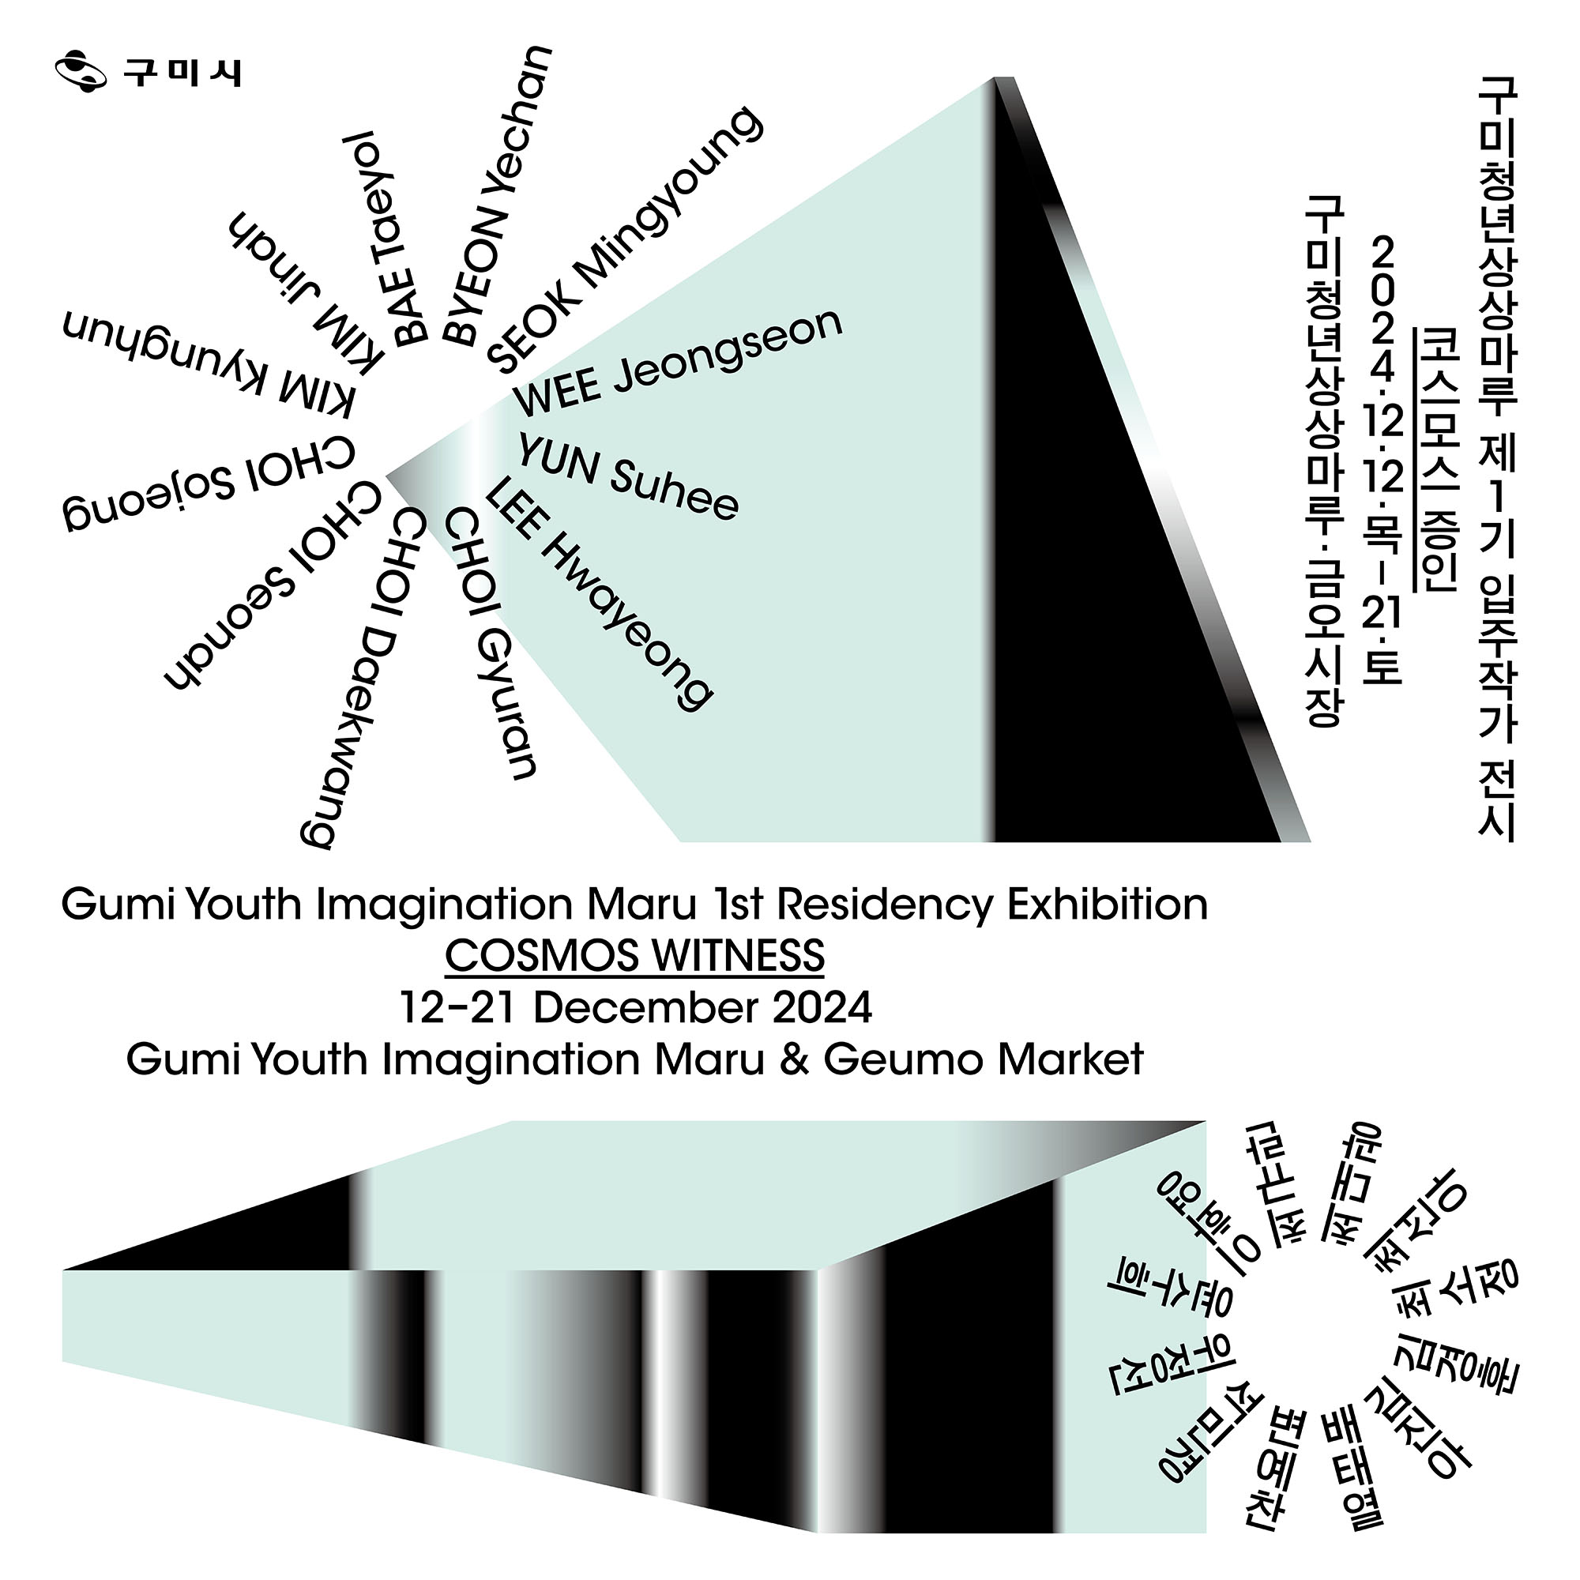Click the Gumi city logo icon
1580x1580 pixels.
point(80,72)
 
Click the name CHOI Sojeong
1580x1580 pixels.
point(209,486)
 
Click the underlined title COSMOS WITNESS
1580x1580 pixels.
point(634,956)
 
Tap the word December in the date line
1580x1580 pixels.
point(645,1007)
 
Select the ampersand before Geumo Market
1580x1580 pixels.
point(792,1060)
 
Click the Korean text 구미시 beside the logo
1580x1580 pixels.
point(182,73)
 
